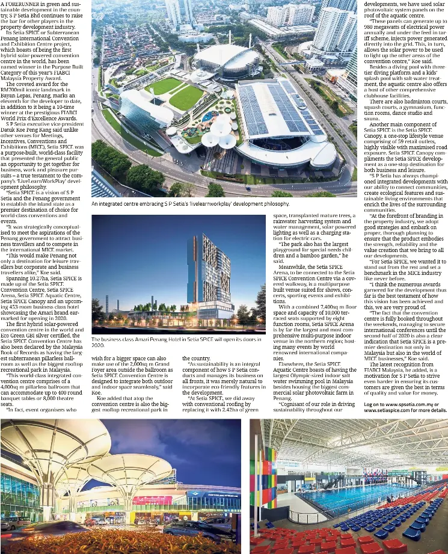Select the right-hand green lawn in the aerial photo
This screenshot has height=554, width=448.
(x=186, y=98)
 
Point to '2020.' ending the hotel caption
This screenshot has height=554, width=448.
(x=98, y=346)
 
